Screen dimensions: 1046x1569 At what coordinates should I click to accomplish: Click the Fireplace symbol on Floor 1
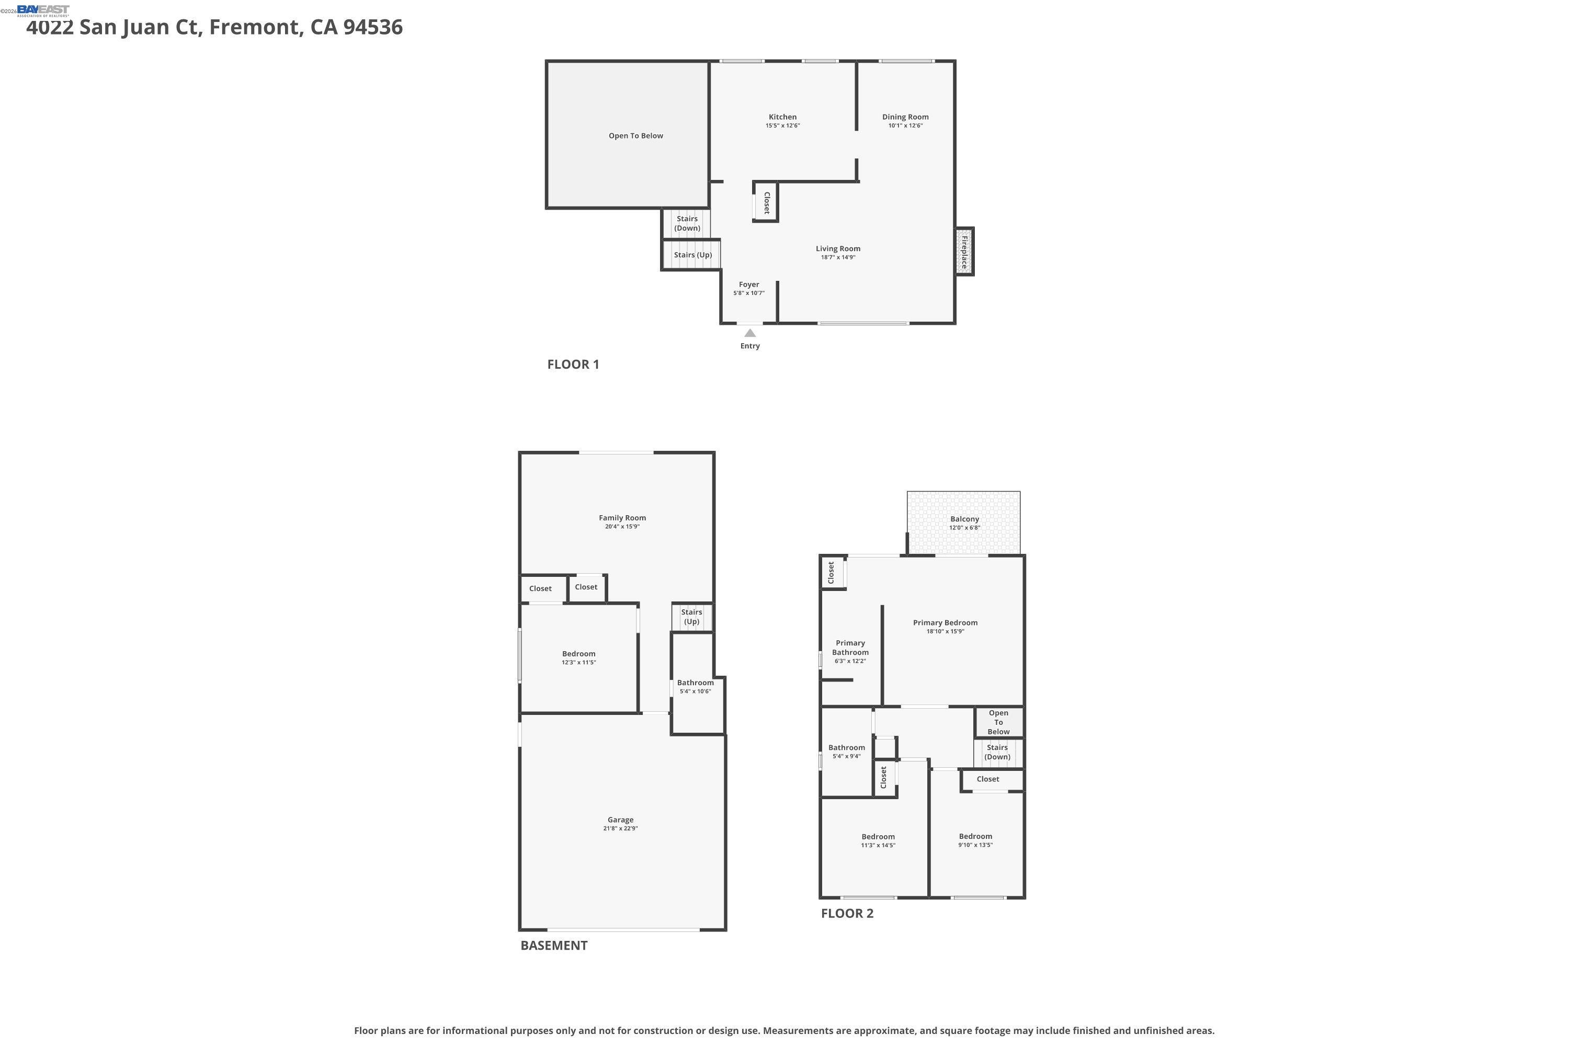(964, 251)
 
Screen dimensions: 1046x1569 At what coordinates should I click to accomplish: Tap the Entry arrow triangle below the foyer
(750, 333)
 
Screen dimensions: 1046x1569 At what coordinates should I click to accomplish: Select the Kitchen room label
(782, 117)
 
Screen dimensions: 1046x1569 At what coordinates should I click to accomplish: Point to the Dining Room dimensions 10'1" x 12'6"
(905, 126)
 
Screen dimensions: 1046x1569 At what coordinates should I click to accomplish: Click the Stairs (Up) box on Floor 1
(692, 255)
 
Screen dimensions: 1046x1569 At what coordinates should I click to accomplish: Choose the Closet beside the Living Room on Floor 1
(766, 202)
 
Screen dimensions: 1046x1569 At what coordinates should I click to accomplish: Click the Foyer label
(748, 284)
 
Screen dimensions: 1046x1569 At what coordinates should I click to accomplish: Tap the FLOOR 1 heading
(573, 364)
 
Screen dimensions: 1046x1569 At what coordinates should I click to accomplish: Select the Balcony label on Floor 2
(964, 519)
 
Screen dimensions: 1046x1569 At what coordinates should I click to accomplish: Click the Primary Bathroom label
(850, 648)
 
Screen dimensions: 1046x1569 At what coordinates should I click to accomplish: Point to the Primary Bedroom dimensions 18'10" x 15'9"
(945, 631)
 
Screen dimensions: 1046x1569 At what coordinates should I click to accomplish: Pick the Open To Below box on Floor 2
(998, 722)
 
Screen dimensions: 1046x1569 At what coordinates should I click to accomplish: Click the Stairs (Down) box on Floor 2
(997, 752)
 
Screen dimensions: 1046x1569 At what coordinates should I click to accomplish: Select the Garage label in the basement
(620, 820)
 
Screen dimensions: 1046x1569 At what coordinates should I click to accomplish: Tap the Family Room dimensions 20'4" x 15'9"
(622, 526)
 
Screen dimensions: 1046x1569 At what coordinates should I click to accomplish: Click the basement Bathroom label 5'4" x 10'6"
(695, 683)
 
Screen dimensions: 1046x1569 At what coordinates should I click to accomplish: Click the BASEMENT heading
(554, 945)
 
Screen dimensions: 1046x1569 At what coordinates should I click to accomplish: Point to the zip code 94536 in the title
(373, 27)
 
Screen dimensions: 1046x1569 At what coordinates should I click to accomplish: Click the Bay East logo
(43, 10)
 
